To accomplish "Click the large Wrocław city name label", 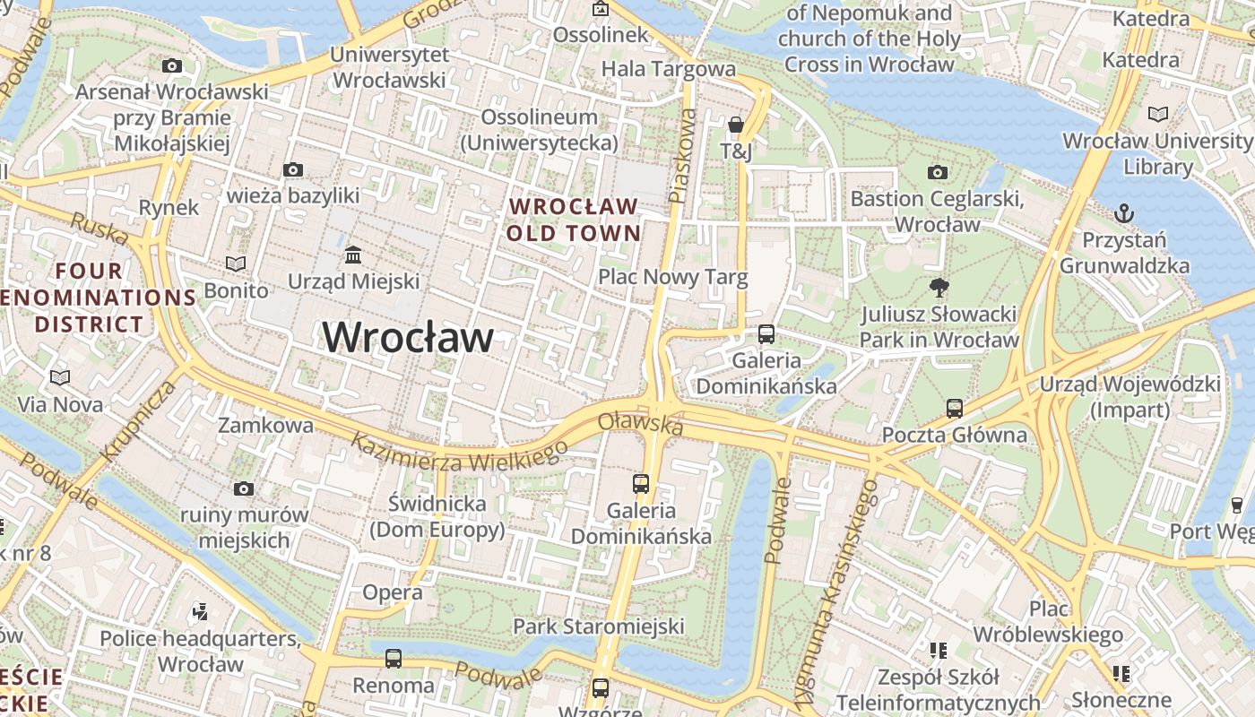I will tap(408, 338).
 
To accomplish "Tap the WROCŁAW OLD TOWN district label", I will tap(574, 220).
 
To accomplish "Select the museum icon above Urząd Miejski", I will tap(353, 255).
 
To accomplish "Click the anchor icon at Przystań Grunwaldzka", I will tap(1123, 213).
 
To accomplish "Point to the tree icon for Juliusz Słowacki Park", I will tap(939, 288).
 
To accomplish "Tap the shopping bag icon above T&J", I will tap(736, 125).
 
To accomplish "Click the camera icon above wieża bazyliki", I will tap(292, 169).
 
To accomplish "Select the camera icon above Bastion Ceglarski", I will tap(937, 172).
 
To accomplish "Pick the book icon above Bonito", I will tap(236, 263).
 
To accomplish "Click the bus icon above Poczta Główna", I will tap(954, 409).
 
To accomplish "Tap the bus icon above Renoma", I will tap(393, 659).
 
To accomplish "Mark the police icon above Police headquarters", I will tap(200, 612).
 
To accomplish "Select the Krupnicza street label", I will tap(139, 420).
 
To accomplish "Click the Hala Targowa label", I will tap(668, 69).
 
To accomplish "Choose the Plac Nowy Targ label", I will tap(672, 277).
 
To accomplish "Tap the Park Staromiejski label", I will tap(598, 626).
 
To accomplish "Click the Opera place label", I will tap(392, 592).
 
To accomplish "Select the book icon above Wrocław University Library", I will tap(1158, 115).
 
